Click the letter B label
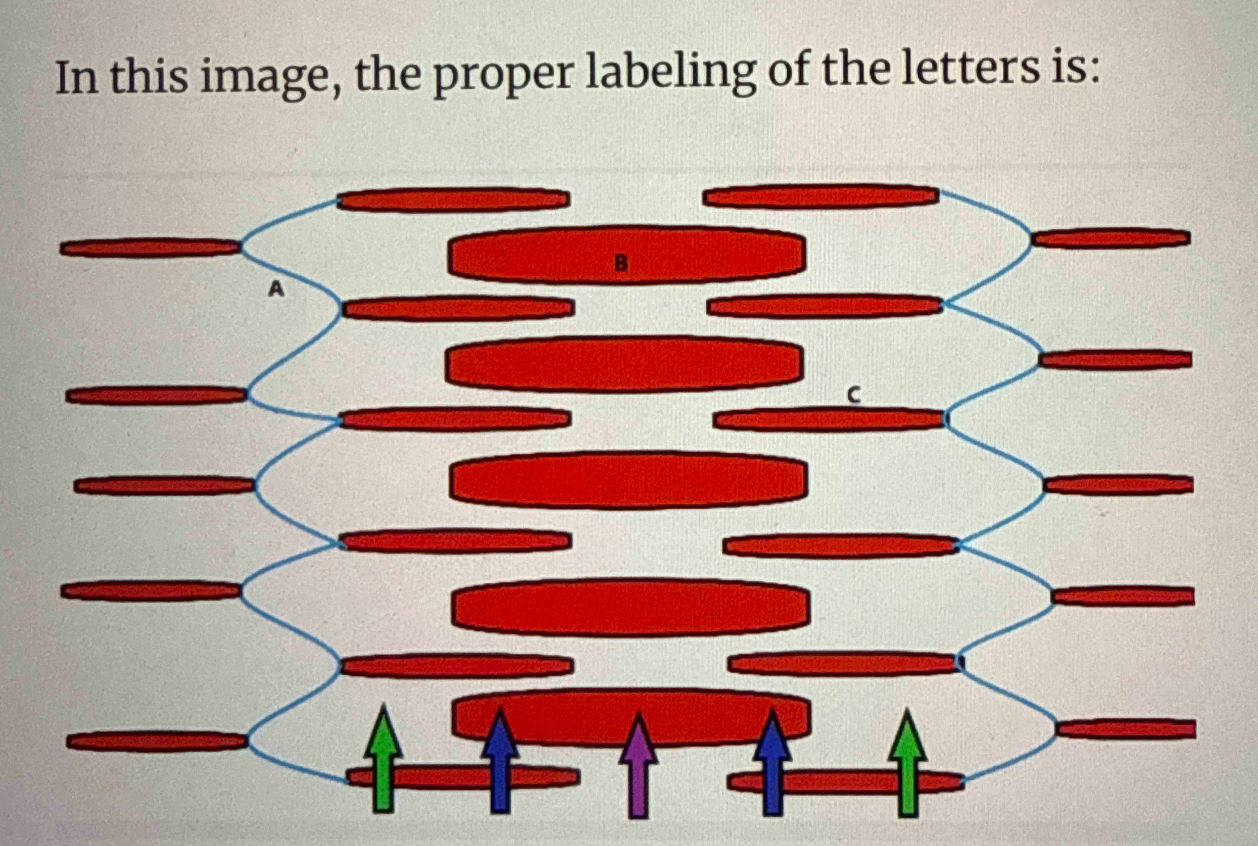pyautogui.click(x=621, y=263)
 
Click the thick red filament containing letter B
pyautogui.click(x=540, y=254)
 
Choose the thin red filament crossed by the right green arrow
pyautogui.click(x=842, y=782)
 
